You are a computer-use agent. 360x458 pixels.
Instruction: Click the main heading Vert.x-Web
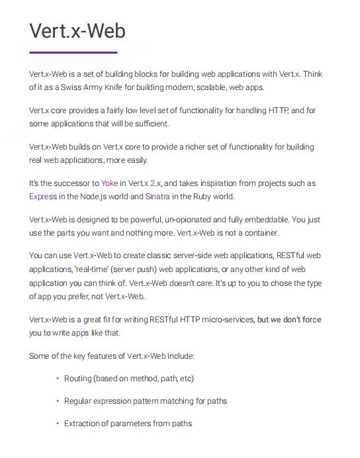77,31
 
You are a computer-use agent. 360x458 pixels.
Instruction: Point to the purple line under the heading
73,52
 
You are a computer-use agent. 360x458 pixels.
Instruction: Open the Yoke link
110,183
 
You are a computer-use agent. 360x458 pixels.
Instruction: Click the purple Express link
43,197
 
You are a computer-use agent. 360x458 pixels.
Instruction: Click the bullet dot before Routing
58,379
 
